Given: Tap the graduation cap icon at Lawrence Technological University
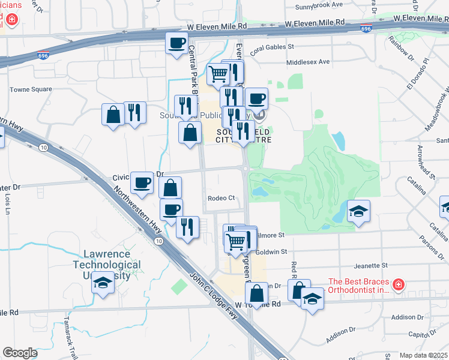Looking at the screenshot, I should (x=103, y=283).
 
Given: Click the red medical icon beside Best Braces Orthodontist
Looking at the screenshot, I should (x=398, y=284).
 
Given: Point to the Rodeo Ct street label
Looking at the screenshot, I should (x=220, y=199).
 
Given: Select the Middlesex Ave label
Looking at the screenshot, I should (x=308, y=62).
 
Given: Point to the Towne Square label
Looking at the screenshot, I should (x=31, y=89).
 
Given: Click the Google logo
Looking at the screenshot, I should (x=20, y=352).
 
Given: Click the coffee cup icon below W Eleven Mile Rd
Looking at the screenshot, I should (x=177, y=43).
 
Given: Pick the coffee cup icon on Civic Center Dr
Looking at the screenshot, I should (x=142, y=182).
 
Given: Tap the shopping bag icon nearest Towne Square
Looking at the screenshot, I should (x=113, y=113).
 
